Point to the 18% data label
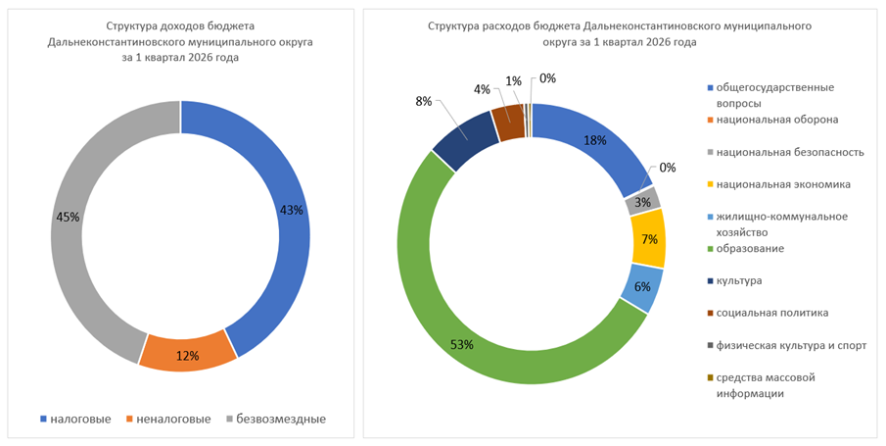[x=594, y=140]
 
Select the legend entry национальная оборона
[x=776, y=120]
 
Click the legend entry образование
[x=751, y=249]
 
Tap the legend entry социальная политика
[x=772, y=313]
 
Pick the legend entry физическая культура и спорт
[x=790, y=345]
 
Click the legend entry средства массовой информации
[x=765, y=385]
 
